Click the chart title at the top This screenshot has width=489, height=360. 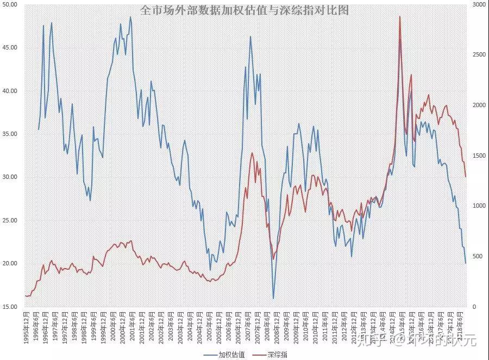[x=244, y=10]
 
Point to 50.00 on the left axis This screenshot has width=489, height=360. [x=10, y=4]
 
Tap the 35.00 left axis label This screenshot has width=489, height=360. [x=10, y=134]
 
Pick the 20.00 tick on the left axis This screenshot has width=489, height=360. [x=10, y=264]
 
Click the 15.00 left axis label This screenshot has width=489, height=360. [x=10, y=307]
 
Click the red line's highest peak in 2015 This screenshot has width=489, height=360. [x=400, y=16]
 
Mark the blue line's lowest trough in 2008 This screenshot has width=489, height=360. [x=273, y=298]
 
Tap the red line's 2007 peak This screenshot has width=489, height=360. [x=252, y=153]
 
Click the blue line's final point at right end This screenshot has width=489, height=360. [x=466, y=263]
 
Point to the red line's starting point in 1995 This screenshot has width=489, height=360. [x=26, y=296]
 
